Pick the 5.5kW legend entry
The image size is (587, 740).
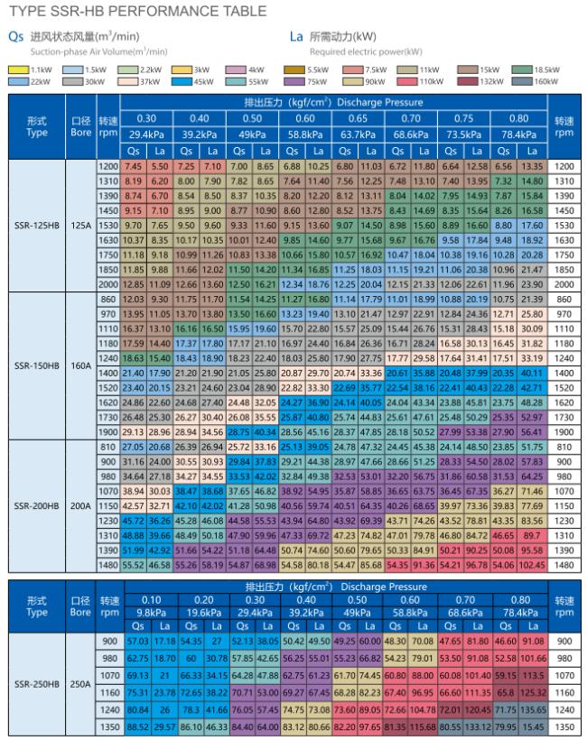click(307, 69)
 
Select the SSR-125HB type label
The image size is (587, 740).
click(38, 226)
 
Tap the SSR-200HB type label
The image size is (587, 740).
click(38, 505)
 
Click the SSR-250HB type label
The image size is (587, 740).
click(38, 683)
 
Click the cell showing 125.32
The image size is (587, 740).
click(530, 692)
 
